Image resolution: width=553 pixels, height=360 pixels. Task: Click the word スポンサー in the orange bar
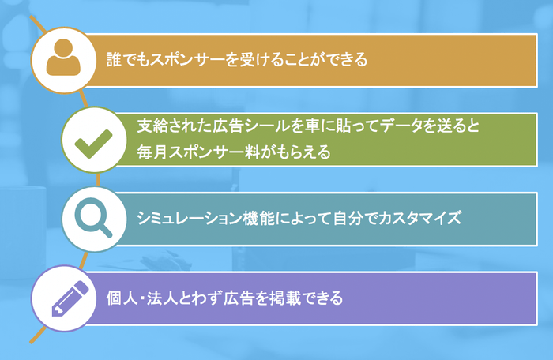pos(187,59)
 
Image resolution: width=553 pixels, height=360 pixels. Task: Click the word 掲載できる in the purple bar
pos(307,298)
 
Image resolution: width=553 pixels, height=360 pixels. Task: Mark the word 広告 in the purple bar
pos(239,298)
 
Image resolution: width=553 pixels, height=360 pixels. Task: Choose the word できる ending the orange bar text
pos(347,59)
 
